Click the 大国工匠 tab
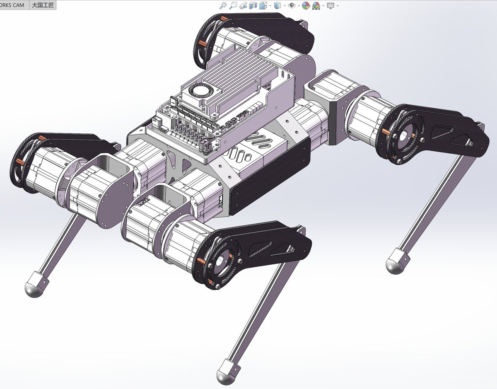pyautogui.click(x=43, y=5)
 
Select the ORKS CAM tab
pyautogui.click(x=12, y=5)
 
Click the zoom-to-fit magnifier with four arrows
pyautogui.click(x=223, y=5)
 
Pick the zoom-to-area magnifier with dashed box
pyautogui.click(x=233, y=5)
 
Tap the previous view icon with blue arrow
pyautogui.click(x=243, y=5)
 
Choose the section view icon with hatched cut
pyautogui.click(x=253, y=5)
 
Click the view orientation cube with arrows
pyautogui.click(x=263, y=5)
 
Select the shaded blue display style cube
pyautogui.click(x=277, y=5)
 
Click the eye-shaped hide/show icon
pyautogui.click(x=292, y=5)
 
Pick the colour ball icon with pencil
pyautogui.click(x=306, y=5)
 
